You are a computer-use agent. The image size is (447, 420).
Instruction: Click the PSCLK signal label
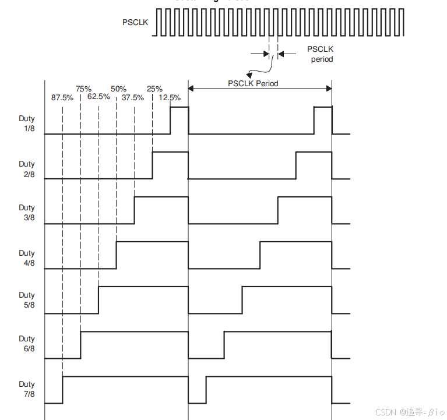point(135,22)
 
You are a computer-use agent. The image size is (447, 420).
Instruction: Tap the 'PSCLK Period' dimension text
point(253,83)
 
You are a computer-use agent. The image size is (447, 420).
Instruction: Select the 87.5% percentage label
point(62,97)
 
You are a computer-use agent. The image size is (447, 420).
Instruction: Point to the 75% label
point(83,89)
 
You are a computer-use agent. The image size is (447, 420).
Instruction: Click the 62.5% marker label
point(98,97)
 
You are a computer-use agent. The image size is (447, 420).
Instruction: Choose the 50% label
point(118,89)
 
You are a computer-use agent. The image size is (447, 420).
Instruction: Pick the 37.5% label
point(133,97)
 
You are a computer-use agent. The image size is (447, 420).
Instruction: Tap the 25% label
point(154,89)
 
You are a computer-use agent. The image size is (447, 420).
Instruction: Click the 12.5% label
point(170,97)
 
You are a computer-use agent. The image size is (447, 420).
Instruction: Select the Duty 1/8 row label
point(27,123)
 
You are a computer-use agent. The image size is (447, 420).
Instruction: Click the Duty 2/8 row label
point(27,169)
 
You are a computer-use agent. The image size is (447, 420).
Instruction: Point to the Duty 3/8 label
point(27,213)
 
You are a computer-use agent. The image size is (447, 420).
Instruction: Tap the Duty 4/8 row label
point(27,258)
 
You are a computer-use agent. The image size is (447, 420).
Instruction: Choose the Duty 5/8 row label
point(27,300)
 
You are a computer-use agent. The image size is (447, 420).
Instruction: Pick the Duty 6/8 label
point(27,344)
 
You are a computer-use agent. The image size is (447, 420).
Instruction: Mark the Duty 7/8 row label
point(27,389)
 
